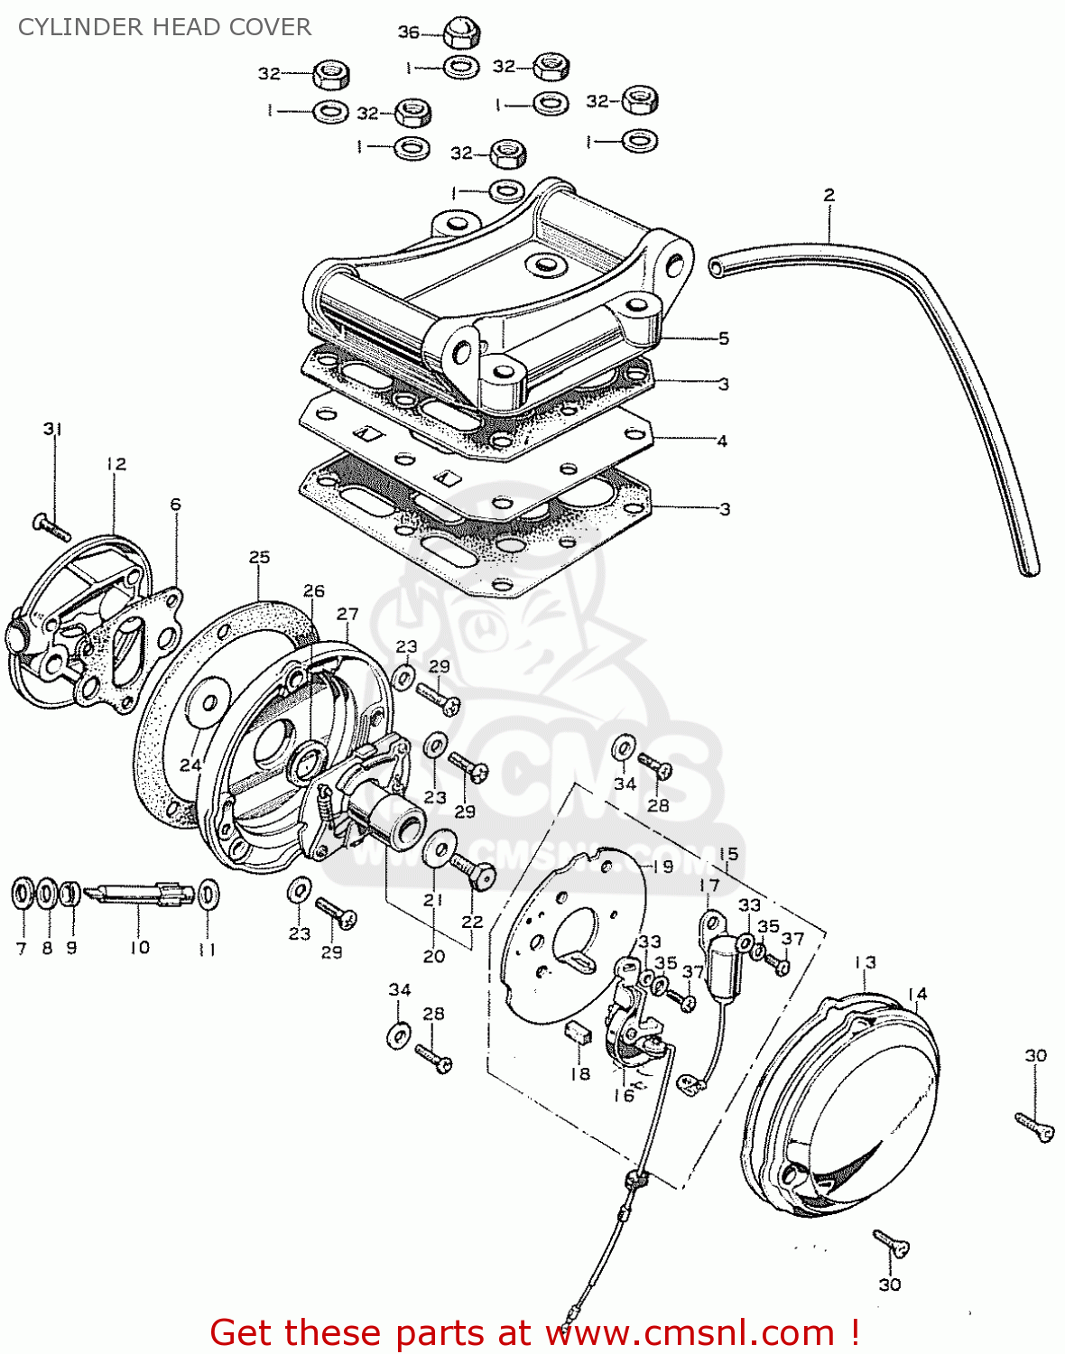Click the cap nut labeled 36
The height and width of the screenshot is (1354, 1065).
[462, 34]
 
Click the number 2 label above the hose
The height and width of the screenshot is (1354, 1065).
[829, 194]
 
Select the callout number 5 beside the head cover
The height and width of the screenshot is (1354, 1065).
[724, 338]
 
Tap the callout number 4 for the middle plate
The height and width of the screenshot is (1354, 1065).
[722, 441]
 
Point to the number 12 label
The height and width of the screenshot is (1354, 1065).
[116, 464]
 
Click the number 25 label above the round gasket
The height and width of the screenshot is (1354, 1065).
[259, 557]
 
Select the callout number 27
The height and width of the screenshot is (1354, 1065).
[347, 614]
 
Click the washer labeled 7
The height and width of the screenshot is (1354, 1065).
[22, 894]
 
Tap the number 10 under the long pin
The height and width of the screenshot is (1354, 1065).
[139, 947]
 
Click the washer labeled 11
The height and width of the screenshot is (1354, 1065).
[208, 894]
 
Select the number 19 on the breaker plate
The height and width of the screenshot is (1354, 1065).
[662, 867]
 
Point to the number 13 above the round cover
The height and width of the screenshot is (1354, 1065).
[865, 962]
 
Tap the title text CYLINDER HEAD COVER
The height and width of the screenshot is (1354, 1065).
[165, 27]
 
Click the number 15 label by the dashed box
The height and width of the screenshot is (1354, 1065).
[728, 853]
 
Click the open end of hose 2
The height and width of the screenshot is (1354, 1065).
[716, 266]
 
